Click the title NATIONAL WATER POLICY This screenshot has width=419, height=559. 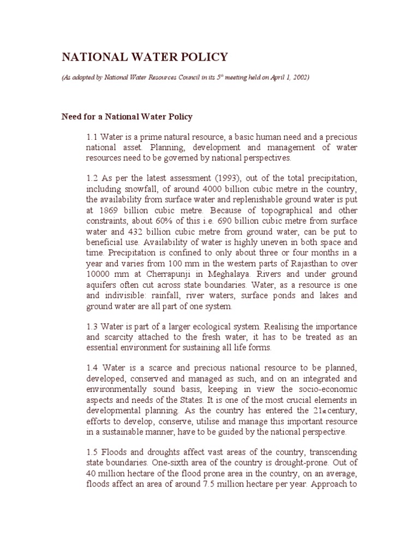coord(144,57)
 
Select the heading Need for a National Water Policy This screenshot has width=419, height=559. coord(127,117)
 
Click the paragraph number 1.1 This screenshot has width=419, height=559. coord(92,136)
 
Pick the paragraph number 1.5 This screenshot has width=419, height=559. coord(92,453)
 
